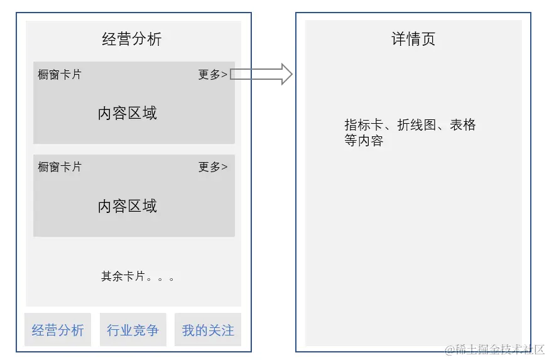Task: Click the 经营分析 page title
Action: pyautogui.click(x=132, y=39)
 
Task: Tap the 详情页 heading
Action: pyautogui.click(x=413, y=39)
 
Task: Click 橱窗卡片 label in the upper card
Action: pyautogui.click(x=60, y=75)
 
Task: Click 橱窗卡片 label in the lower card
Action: pyautogui.click(x=60, y=167)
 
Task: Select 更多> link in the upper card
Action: pyautogui.click(x=212, y=75)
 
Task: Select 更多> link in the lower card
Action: pyautogui.click(x=212, y=167)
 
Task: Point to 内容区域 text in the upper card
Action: pyautogui.click(x=128, y=113)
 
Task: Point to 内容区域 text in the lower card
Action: pyautogui.click(x=128, y=206)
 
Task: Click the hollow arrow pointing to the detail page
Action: pyautogui.click(x=261, y=74)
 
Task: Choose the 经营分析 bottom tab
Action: pyautogui.click(x=58, y=330)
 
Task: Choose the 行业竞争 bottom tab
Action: pyautogui.click(x=133, y=330)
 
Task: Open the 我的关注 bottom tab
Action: pyautogui.click(x=208, y=330)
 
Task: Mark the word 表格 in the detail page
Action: pyautogui.click(x=463, y=124)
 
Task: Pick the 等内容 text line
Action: pyautogui.click(x=364, y=141)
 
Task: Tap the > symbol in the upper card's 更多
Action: pyautogui.click(x=224, y=75)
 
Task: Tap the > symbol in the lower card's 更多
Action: pyautogui.click(x=224, y=167)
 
